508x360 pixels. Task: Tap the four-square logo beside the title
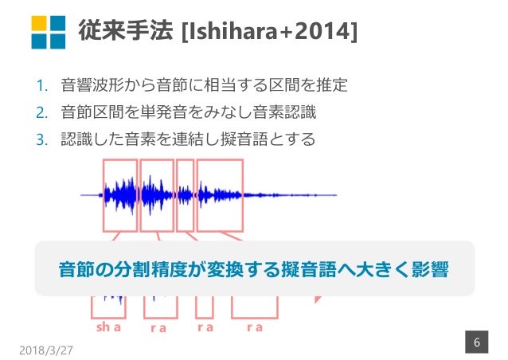pos(48,31)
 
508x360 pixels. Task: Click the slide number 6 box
pos(476,342)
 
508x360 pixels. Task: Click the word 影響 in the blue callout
pos(430,268)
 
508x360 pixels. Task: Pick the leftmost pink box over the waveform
pos(119,194)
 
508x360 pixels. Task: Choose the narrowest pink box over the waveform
pos(185,194)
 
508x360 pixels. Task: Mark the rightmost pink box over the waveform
pos(220,194)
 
